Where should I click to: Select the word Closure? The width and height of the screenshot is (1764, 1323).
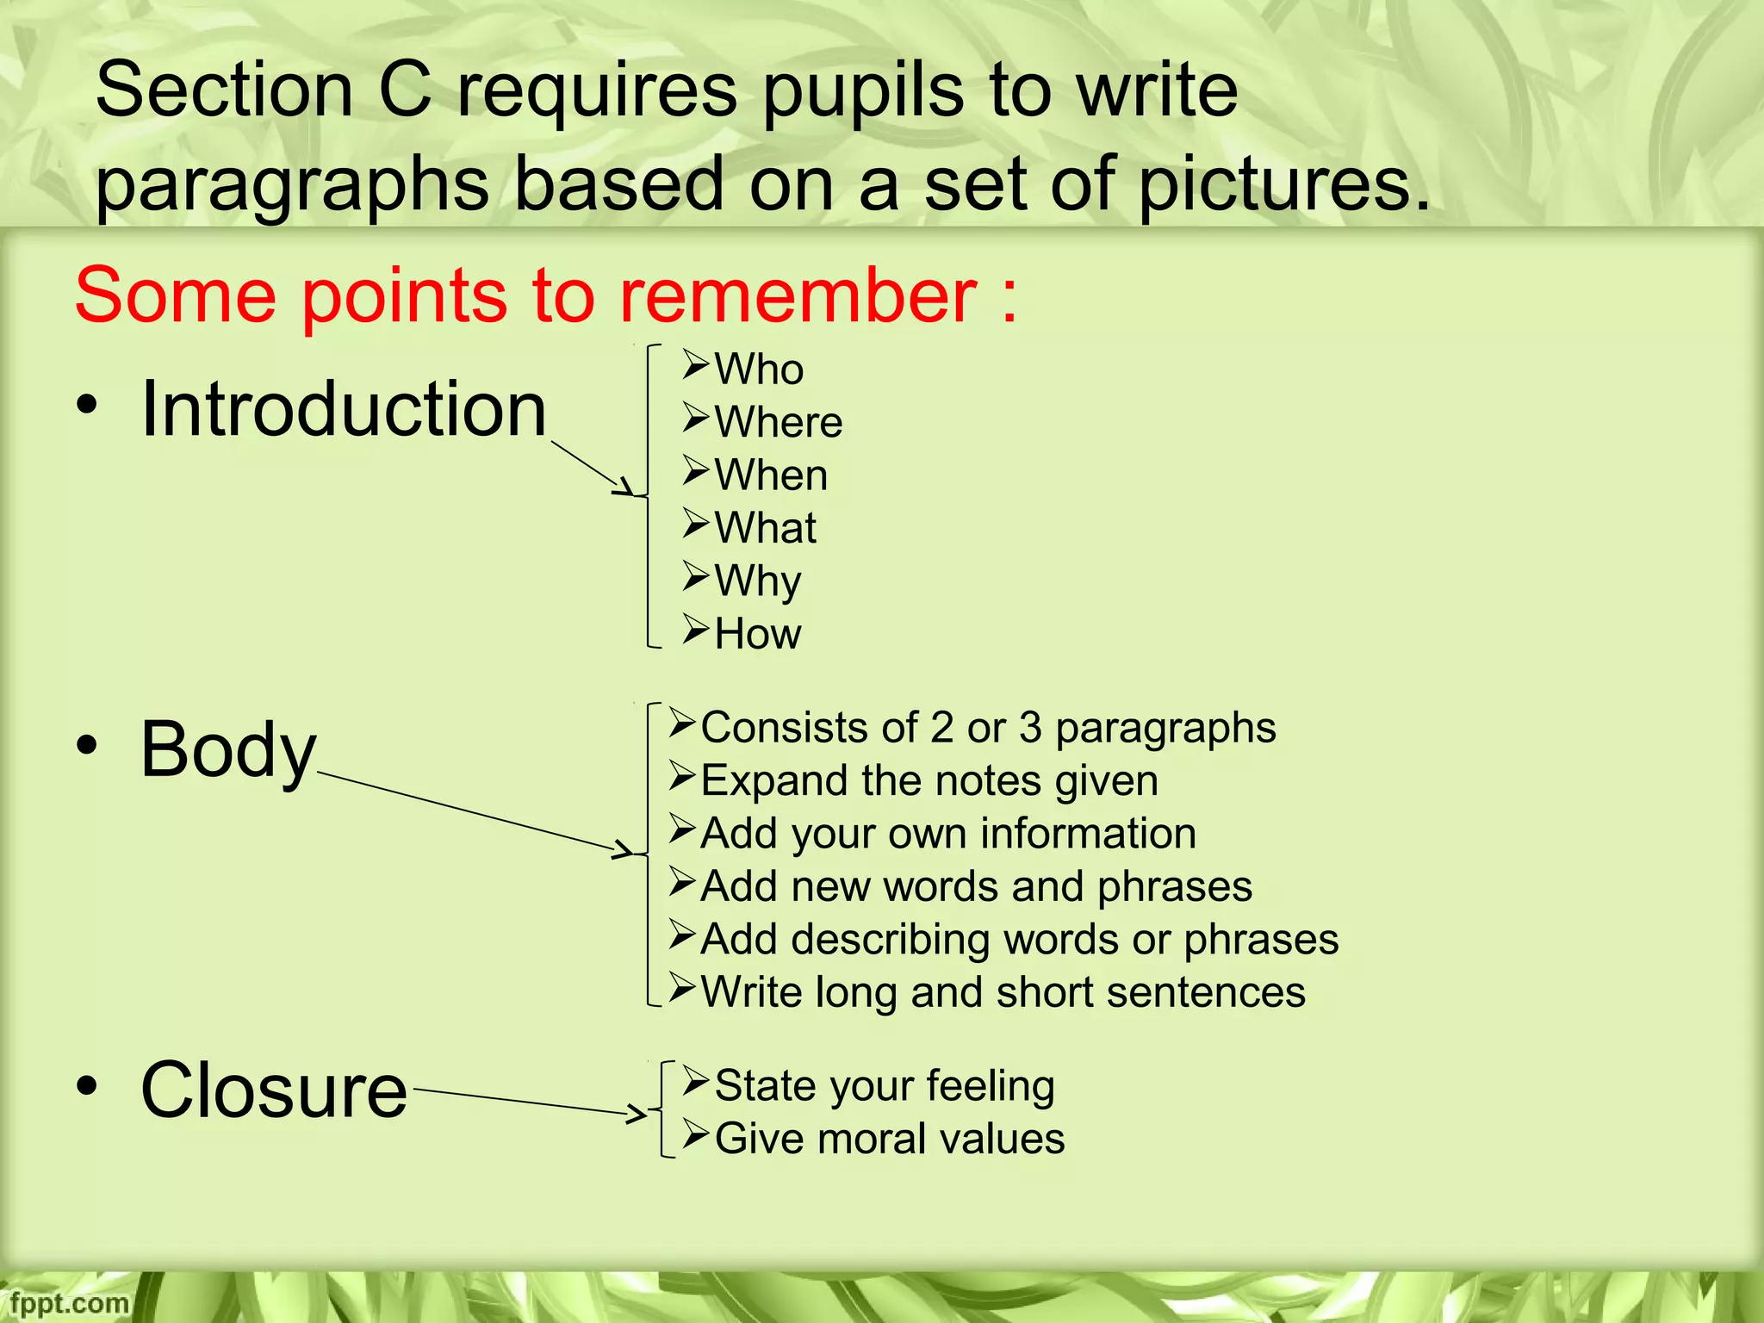[x=274, y=1090]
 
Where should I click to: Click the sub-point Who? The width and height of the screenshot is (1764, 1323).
[x=759, y=370]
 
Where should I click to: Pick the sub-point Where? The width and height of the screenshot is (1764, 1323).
[x=778, y=422]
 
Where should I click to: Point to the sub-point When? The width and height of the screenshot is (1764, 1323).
[x=771, y=475]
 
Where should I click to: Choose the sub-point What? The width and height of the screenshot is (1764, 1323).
[x=765, y=528]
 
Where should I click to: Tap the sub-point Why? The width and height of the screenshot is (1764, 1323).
[x=758, y=581]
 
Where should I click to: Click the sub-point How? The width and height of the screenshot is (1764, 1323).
[x=758, y=634]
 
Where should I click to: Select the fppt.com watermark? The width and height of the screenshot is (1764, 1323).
[x=69, y=1303]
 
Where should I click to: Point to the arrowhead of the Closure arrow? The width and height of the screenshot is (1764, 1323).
[x=638, y=1114]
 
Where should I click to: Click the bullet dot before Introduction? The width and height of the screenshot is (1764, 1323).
[x=86, y=405]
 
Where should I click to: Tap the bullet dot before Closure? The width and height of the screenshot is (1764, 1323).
[x=86, y=1087]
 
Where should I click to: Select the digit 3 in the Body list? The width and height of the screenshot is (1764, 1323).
[x=1031, y=729]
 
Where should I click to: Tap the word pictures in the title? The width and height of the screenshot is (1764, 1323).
[x=1283, y=186]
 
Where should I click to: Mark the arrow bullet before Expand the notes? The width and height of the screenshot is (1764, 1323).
[x=682, y=777]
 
